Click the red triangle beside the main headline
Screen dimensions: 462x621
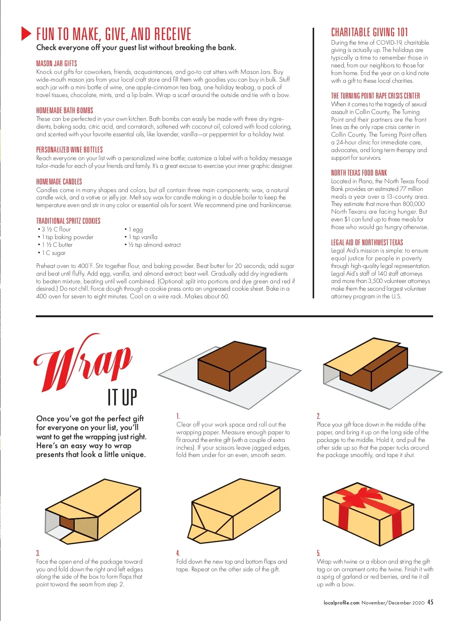[26, 33]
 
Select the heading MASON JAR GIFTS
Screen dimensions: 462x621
[57, 63]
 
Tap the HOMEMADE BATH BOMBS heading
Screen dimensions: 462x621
[65, 110]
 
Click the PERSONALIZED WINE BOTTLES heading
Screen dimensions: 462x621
[69, 149]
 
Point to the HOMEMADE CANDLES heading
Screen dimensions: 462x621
[59, 181]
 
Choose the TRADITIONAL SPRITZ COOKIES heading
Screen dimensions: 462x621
[68, 221]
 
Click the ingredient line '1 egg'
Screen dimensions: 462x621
[134, 229]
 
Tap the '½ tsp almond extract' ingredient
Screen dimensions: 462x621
[153, 245]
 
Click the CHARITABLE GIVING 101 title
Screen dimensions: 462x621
[369, 32]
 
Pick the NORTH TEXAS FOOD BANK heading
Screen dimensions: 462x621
[359, 172]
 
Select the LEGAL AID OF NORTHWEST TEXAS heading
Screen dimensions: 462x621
[367, 242]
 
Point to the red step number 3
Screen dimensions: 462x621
[38, 553]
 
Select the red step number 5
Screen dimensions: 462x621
[319, 553]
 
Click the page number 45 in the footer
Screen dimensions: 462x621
[430, 602]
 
